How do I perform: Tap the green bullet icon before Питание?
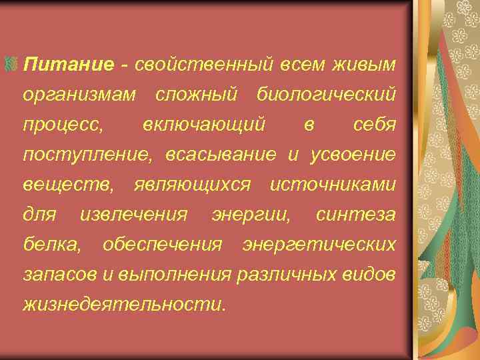pos(11,65)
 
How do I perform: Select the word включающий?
pos(205,125)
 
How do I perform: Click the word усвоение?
pos(354,155)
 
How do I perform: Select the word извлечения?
pos(133,215)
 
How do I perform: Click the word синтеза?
pos(356,215)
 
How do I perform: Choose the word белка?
pos(52,245)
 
